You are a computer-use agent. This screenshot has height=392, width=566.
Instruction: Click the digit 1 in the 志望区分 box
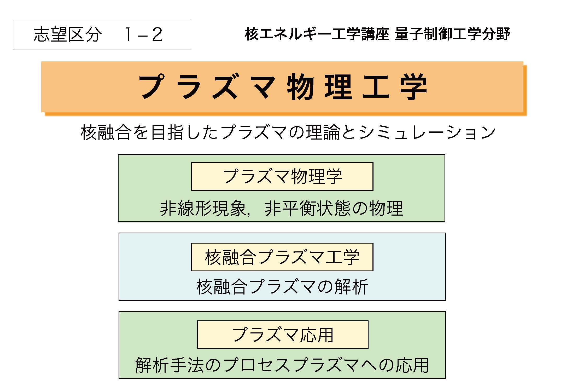coord(129,34)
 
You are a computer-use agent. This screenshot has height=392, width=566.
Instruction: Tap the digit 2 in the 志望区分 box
coord(157,34)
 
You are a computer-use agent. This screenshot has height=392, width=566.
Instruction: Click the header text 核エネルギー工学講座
coord(317,34)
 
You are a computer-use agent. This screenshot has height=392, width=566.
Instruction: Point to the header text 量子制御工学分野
coord(452,34)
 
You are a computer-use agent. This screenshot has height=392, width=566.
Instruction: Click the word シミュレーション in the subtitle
coord(428,132)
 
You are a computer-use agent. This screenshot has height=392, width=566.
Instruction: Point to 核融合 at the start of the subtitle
coord(106,132)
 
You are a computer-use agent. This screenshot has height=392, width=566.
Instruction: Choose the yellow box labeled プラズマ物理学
coord(282,176)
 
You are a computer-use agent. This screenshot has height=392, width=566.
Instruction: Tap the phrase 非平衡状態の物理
coord(334,209)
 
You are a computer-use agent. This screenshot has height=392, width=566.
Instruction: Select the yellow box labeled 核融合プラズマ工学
coord(282,257)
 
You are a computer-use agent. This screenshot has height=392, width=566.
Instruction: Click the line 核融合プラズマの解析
coord(282,287)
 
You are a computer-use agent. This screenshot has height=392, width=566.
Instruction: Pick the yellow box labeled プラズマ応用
coord(283,335)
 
